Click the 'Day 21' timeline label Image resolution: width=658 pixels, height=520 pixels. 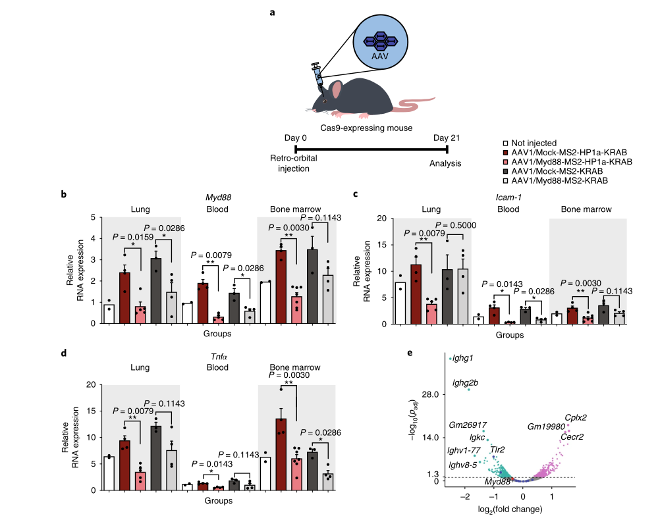[x=446, y=137]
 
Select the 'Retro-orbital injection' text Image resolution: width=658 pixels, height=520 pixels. [x=290, y=163]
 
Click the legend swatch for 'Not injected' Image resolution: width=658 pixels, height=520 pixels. [x=505, y=143]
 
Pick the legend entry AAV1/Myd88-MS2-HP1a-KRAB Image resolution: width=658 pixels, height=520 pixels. [x=572, y=161]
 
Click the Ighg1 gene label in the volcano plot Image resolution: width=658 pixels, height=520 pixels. [x=463, y=358]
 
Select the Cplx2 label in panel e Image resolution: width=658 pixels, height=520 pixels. [x=576, y=417]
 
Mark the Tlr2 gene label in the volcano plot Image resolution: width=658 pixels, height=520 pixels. [x=497, y=450]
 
